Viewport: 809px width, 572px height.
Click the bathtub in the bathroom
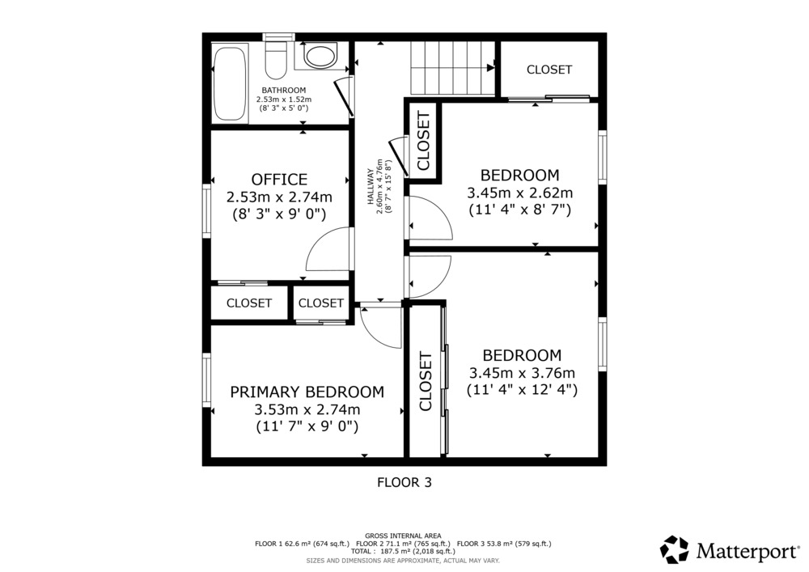tap(231, 83)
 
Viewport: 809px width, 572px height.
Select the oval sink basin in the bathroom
tap(320, 56)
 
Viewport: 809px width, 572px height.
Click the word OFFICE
tap(279, 180)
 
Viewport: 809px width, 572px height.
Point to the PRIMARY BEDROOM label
tap(307, 392)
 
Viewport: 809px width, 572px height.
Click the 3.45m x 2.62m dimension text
tap(519, 193)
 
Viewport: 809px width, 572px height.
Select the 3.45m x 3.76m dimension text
tap(522, 373)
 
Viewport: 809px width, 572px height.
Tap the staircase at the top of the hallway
tap(452, 68)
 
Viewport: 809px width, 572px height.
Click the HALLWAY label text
tap(370, 187)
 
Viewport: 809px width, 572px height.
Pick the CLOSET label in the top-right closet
tap(549, 70)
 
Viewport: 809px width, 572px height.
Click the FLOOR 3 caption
tap(404, 483)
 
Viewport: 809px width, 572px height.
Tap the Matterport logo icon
tap(675, 549)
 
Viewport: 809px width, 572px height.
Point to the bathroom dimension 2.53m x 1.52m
tap(284, 100)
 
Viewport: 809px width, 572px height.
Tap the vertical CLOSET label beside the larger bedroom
tap(426, 381)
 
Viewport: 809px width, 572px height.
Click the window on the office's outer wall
tap(206, 210)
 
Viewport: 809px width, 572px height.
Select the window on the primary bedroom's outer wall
tap(206, 380)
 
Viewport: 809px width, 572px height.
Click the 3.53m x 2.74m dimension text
tap(307, 410)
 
